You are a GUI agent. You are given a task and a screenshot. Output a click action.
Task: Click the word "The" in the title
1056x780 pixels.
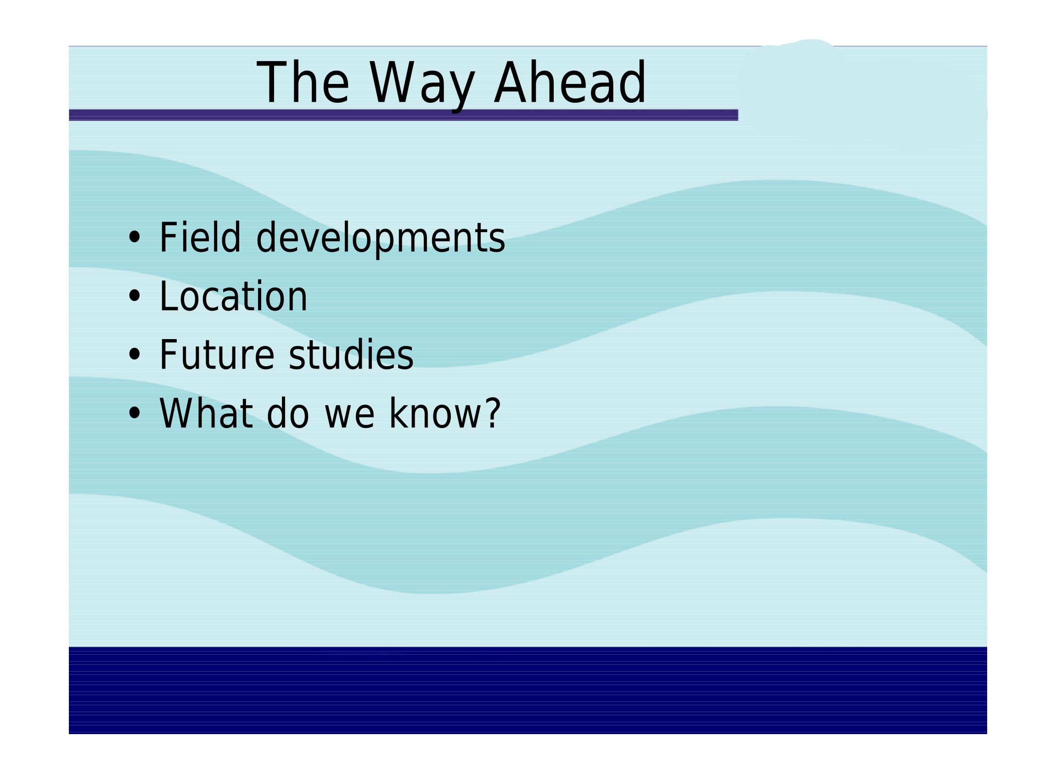coord(303,82)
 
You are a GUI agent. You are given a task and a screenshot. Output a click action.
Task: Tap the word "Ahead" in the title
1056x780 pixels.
coord(570,82)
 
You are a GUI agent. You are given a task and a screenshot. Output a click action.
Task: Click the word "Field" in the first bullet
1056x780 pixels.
coord(200,237)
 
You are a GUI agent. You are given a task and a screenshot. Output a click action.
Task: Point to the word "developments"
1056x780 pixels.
coord(380,240)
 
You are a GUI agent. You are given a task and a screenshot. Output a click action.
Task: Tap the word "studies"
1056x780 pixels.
coord(351,354)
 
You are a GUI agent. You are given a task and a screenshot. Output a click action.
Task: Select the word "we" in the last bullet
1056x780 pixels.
coord(349,418)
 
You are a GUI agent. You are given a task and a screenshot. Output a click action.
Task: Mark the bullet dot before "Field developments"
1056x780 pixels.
coord(135,238)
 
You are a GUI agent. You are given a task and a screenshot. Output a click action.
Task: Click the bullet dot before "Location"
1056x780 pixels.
coord(135,296)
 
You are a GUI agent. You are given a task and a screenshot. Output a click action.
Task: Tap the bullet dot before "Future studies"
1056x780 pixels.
coord(135,355)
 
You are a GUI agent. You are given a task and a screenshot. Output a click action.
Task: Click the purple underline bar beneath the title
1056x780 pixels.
coord(404,115)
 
